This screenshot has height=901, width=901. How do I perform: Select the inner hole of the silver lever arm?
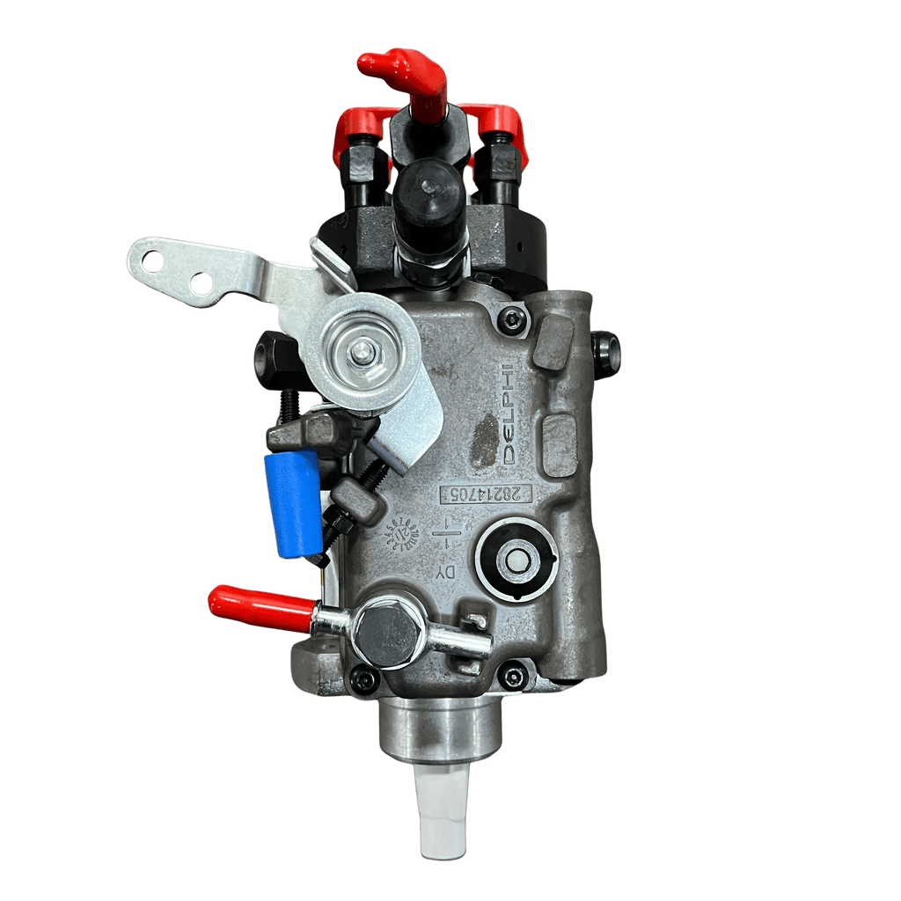click(x=201, y=282)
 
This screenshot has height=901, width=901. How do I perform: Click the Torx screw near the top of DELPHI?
click(x=509, y=319)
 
